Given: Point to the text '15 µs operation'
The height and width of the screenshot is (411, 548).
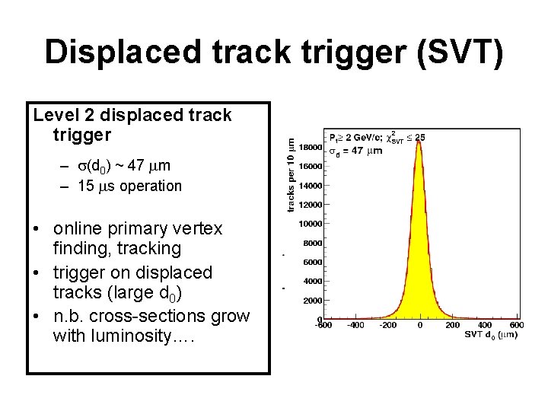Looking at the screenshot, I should [129, 186].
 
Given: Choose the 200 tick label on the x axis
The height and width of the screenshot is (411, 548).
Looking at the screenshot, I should [452, 326].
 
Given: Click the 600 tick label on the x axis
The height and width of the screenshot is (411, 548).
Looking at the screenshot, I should [516, 326].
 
